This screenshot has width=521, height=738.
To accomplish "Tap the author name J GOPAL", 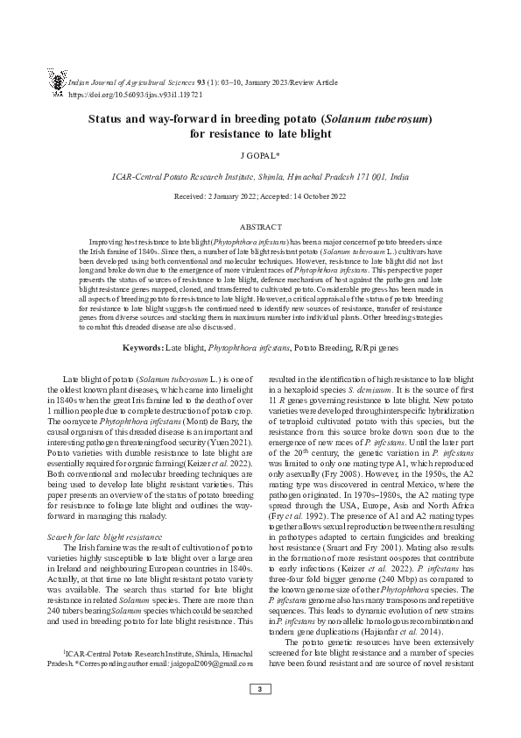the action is click(x=260, y=157).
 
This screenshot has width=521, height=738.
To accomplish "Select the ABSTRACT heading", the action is click(x=260, y=226).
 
